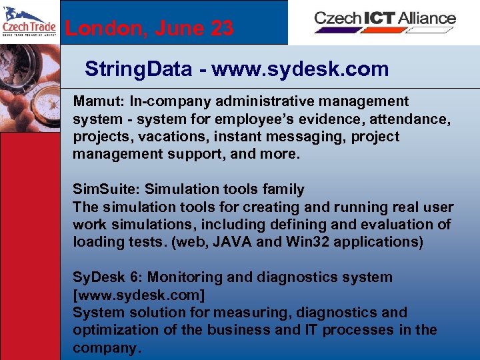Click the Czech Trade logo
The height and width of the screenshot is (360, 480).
pos(29,22)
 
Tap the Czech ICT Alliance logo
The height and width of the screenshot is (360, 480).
pos(385,20)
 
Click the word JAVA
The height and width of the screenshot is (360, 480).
pos(230,241)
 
